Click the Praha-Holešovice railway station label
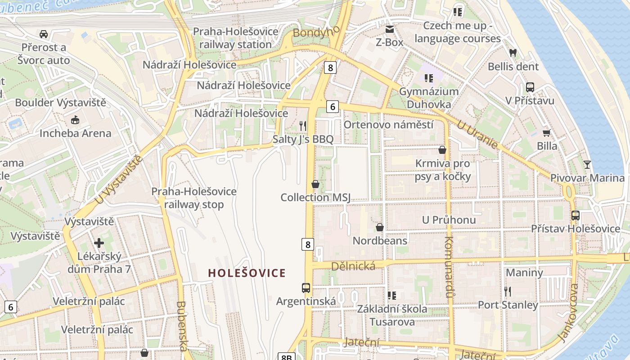click(x=235, y=38)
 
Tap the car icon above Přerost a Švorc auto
click(x=44, y=34)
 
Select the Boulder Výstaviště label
click(x=61, y=103)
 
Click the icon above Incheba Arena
click(x=75, y=120)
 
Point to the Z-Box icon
click(x=389, y=29)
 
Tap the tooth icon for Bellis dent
click(x=513, y=53)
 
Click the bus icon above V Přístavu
click(x=530, y=87)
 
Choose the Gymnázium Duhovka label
click(x=429, y=98)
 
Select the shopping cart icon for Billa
click(x=547, y=133)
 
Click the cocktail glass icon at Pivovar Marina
click(x=587, y=164)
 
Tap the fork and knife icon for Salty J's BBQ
click(x=303, y=126)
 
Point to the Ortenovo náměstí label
click(x=388, y=125)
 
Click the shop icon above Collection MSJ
click(x=315, y=184)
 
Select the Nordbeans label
click(x=380, y=240)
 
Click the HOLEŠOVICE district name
click(x=247, y=273)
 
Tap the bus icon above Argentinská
click(x=306, y=288)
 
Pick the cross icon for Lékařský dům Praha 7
click(x=99, y=243)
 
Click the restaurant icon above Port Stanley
click(x=508, y=292)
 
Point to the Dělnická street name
click(x=353, y=266)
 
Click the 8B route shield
click(x=287, y=357)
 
